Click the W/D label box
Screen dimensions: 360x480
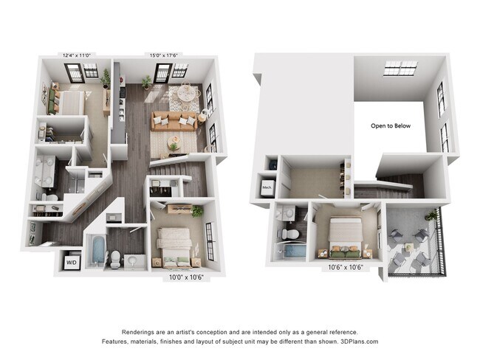tap(72, 262)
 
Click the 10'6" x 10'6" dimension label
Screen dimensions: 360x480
tap(345, 269)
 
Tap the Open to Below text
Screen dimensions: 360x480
tap(390, 126)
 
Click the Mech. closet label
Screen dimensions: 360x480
tap(267, 187)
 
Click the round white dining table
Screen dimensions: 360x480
tap(188, 94)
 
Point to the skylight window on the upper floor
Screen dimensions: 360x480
tap(400, 69)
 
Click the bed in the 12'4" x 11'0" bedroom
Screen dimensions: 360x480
tap(64, 102)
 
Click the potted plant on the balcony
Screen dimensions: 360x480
tap(430, 215)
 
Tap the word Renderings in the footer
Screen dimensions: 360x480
tap(145, 332)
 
